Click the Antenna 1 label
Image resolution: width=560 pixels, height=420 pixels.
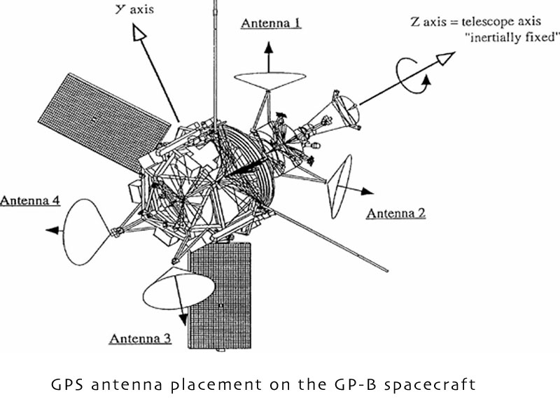[x=271, y=23]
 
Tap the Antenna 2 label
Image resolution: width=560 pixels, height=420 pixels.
[x=396, y=213]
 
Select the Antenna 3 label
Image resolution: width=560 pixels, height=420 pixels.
[x=141, y=338]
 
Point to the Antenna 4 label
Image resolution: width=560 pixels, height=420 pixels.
[x=30, y=200]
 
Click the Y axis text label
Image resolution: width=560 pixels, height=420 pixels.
[x=134, y=8]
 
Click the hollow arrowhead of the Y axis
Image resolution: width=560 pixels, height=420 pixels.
[x=139, y=32]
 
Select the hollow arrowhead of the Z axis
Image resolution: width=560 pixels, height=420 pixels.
[x=446, y=58]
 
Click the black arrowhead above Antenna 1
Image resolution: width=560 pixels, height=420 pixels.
[x=269, y=48]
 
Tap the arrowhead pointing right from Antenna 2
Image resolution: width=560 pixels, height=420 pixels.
[x=367, y=191]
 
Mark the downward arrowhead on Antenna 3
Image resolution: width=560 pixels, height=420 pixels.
[x=183, y=319]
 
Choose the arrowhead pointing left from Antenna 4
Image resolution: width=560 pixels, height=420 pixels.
[x=52, y=231]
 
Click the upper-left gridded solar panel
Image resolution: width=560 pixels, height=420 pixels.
[x=104, y=121]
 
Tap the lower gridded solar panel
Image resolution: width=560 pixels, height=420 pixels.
[x=220, y=295]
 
